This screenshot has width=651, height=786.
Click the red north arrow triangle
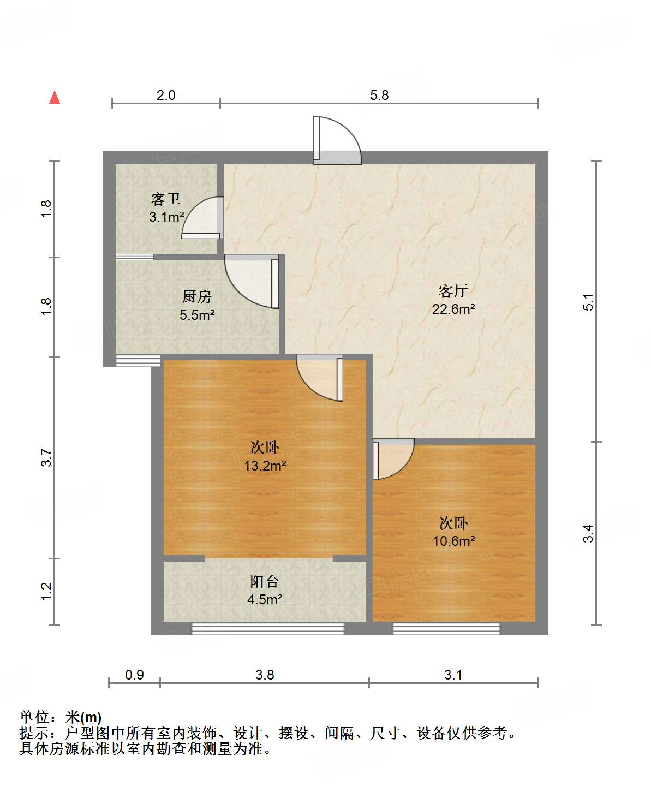point(55,98)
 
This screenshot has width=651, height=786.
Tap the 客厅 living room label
point(453,291)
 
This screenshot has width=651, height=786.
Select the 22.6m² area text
point(453,309)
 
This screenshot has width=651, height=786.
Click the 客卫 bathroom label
point(166,199)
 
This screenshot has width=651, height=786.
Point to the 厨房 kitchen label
point(196,297)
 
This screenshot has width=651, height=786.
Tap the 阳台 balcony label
point(265,582)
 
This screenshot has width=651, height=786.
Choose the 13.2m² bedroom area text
point(265,466)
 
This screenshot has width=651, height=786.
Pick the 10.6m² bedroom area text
point(453,541)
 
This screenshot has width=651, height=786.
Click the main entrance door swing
point(336,141)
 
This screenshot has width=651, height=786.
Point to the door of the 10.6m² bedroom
point(392,458)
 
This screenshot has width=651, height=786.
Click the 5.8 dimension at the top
point(379,96)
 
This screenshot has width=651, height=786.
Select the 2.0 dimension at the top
point(166,96)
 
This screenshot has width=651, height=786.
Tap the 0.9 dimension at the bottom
point(134,675)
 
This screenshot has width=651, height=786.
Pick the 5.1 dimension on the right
point(588,302)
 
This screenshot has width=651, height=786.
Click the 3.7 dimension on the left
point(46,457)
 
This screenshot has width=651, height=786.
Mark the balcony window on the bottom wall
point(267,629)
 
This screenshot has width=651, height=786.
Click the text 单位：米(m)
point(61,717)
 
